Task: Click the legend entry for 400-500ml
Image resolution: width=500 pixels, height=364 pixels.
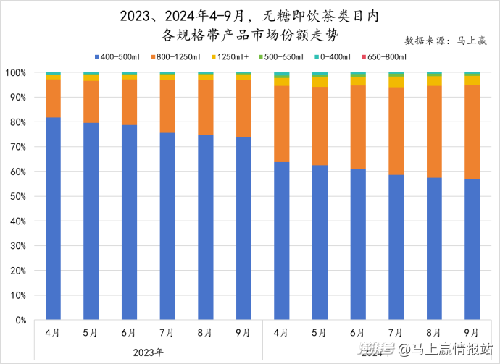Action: point(120,56)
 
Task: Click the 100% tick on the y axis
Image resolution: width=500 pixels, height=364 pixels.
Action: point(17,73)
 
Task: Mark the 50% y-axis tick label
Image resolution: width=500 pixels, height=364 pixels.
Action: point(19,196)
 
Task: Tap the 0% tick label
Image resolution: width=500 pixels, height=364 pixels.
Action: point(21,320)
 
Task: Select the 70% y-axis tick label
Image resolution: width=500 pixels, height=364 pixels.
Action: point(19,147)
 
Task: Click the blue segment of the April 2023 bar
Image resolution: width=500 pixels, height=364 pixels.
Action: point(53,217)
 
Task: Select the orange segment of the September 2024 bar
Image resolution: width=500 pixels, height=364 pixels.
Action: point(471,132)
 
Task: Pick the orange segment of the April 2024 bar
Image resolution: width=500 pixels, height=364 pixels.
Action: point(281,124)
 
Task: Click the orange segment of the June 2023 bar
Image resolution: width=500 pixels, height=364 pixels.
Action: point(129,102)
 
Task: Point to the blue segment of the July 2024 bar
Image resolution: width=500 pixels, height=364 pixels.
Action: point(395,246)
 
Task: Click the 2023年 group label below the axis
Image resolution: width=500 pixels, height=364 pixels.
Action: point(148,352)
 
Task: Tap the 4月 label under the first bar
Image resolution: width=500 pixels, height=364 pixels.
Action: point(53,332)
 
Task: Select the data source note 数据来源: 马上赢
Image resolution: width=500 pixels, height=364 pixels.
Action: point(446,41)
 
